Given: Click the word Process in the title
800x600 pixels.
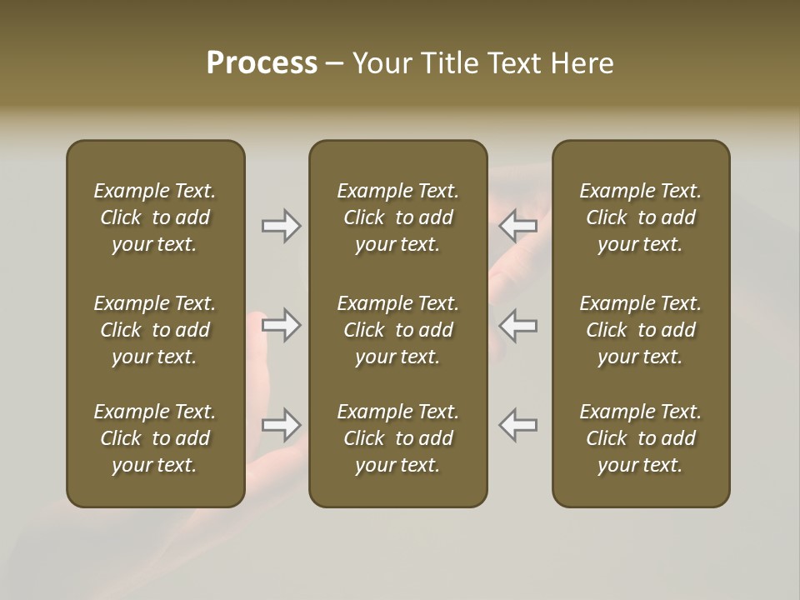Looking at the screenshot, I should pyautogui.click(x=262, y=63).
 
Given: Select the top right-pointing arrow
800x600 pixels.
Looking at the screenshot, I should pyautogui.click(x=282, y=225).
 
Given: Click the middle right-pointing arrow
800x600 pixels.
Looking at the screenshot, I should pyautogui.click(x=282, y=325).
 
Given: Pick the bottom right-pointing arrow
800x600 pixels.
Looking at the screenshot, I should pyautogui.click(x=282, y=425).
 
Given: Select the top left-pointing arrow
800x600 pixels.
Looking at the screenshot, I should pyautogui.click(x=517, y=225).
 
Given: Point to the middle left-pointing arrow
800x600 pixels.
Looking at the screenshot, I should pyautogui.click(x=517, y=325).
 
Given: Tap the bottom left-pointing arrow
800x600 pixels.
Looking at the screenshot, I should pyautogui.click(x=517, y=425).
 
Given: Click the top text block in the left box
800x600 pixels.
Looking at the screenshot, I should pyautogui.click(x=155, y=217).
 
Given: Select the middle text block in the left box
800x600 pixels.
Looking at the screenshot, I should pyautogui.click(x=155, y=330).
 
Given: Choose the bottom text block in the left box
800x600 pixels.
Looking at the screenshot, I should pyautogui.click(x=155, y=438).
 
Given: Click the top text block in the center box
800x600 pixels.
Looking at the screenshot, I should pyautogui.click(x=397, y=217).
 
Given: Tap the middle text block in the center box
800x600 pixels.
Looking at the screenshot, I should pyautogui.click(x=397, y=330).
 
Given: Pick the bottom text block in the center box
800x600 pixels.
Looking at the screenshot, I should pyautogui.click(x=397, y=438).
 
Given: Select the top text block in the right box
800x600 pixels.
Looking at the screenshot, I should pyautogui.click(x=640, y=217).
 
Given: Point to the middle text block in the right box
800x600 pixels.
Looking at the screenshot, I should pyautogui.click(x=640, y=330).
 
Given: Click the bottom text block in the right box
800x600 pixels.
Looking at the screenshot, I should pyautogui.click(x=640, y=438).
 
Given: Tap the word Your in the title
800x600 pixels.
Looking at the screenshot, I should pyautogui.click(x=380, y=63).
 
